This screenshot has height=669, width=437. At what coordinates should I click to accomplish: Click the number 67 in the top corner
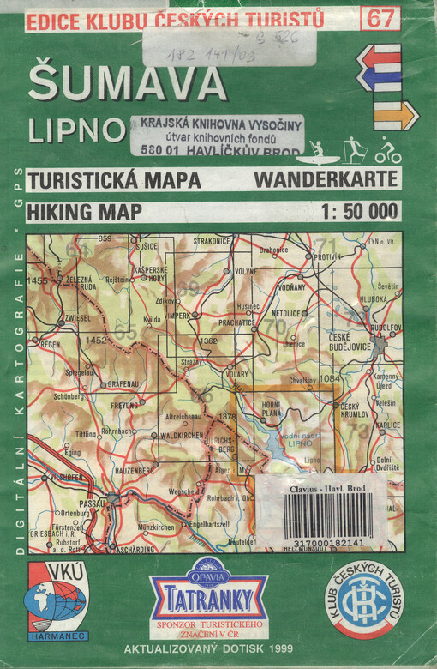[380, 17]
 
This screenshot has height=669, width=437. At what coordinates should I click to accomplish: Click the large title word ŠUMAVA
[128, 83]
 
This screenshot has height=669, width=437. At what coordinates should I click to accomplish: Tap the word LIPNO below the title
[76, 130]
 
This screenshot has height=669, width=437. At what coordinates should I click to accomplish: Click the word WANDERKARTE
[326, 181]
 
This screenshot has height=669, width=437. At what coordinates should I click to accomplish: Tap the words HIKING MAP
[80, 210]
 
